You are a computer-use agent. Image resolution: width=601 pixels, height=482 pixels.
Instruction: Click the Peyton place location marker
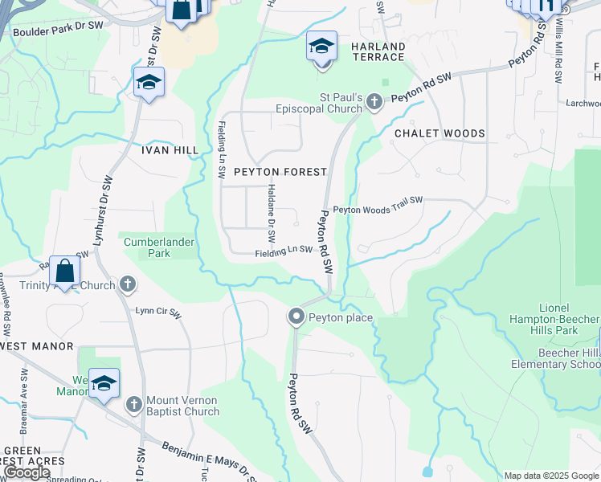click(296, 317)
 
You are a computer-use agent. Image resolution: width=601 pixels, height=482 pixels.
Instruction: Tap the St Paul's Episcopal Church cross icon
click(374, 101)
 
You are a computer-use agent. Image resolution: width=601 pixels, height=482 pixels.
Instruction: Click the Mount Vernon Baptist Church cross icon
click(133, 403)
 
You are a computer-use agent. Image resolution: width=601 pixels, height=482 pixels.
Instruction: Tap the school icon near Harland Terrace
click(321, 47)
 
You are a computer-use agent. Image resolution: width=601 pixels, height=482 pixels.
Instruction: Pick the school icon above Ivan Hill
click(148, 83)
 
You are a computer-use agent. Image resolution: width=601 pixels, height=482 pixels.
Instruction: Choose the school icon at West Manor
click(104, 385)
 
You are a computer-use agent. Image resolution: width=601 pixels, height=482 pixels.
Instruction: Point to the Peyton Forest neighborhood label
click(280, 172)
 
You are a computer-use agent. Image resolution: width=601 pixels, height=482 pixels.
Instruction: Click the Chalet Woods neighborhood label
click(440, 133)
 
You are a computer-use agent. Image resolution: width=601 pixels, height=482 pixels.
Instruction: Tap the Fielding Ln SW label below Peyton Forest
click(284, 251)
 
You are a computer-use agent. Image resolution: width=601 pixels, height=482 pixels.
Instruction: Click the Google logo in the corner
click(26, 472)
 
